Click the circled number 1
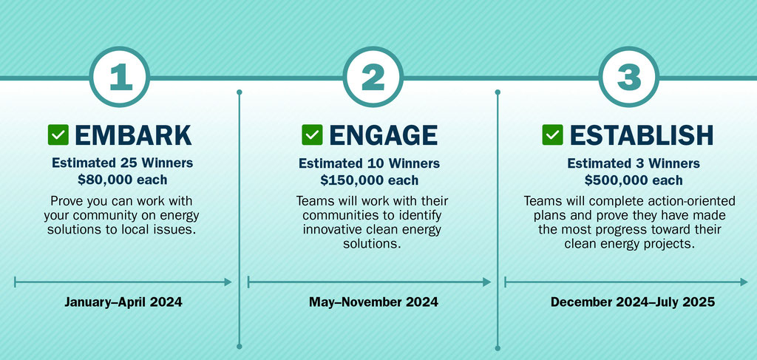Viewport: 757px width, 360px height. pyautogui.click(x=120, y=77)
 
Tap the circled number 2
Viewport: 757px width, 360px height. pyautogui.click(x=373, y=77)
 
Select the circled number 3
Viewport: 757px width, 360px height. pyautogui.click(x=628, y=77)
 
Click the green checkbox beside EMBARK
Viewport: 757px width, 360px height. pyautogui.click(x=58, y=135)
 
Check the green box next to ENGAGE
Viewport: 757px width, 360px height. pyautogui.click(x=312, y=135)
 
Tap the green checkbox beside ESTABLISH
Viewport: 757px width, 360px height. pyautogui.click(x=552, y=135)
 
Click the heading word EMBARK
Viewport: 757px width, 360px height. pyautogui.click(x=133, y=135)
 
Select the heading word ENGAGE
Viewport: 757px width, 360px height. pyautogui.click(x=384, y=135)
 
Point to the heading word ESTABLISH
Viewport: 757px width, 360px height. pyautogui.click(x=642, y=135)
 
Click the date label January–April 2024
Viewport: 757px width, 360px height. pyautogui.click(x=123, y=302)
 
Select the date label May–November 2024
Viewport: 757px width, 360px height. pyautogui.click(x=373, y=302)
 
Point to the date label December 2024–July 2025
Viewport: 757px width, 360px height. pyautogui.click(x=633, y=302)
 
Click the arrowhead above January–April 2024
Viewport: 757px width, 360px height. pyautogui.click(x=228, y=282)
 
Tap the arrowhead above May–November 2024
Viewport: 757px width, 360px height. pyautogui.click(x=486, y=282)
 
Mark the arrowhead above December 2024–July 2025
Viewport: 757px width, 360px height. pyautogui.click(x=744, y=282)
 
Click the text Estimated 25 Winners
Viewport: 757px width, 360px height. pyautogui.click(x=123, y=163)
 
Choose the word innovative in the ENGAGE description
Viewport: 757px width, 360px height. pyautogui.click(x=332, y=228)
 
